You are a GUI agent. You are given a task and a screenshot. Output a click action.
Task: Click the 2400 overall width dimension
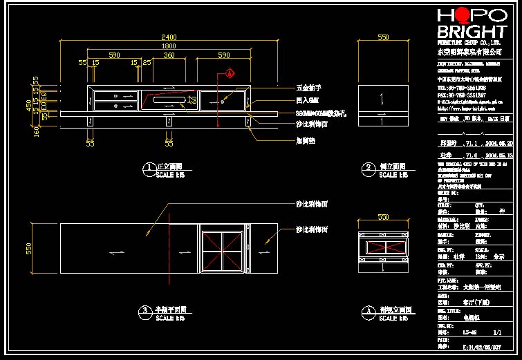169,37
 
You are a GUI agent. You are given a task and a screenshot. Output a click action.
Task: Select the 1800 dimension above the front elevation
169,46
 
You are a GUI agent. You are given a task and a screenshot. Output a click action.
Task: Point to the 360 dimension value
169,55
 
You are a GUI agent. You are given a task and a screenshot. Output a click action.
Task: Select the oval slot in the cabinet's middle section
169,101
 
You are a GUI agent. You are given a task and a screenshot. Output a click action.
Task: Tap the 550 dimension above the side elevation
382,37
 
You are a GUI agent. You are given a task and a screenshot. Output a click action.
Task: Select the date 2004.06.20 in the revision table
499,144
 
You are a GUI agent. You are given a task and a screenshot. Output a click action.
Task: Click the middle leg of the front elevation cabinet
169,122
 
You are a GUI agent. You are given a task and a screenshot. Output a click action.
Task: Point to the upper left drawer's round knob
115,95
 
